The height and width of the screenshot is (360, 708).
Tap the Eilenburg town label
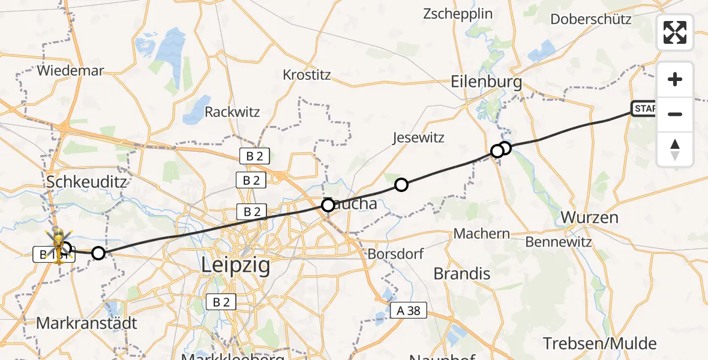pos(487,82)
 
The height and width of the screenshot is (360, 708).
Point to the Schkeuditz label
pos(87,181)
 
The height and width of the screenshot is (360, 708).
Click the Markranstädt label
pos(86,323)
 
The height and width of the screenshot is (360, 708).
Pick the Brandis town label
pos(461,274)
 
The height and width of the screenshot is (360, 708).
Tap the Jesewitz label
pos(418,137)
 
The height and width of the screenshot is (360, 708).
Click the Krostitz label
pos(307,76)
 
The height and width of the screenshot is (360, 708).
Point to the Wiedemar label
pos(70,70)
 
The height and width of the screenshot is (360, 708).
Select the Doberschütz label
pos(591,19)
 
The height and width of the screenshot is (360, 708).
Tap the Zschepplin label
pos(458,13)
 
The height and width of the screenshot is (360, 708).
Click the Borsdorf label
pos(395,253)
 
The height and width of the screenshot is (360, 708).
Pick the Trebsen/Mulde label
pos(600,344)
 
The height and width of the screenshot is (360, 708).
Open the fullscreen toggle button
pos(675,32)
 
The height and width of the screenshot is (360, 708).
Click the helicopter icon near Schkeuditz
pos(59,242)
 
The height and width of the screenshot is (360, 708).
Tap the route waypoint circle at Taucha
pos(328,205)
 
